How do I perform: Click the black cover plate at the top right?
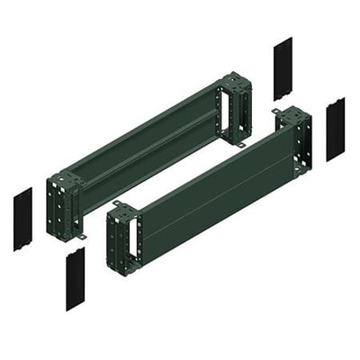pos(282,69)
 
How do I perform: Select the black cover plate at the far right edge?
pos(335,129)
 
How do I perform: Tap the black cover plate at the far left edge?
pos(22,219)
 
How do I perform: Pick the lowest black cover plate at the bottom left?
pos(75,279)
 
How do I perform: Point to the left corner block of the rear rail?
pos(66,201)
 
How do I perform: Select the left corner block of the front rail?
pos(124,237)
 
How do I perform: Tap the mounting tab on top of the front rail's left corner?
pos(118,203)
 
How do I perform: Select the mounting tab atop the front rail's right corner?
pos(277,112)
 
